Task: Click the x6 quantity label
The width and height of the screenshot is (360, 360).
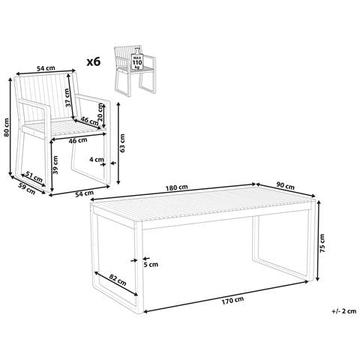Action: [x=94, y=61]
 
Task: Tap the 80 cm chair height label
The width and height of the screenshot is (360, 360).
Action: [x=7, y=127]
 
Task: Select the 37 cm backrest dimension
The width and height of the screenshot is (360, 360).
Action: [x=67, y=98]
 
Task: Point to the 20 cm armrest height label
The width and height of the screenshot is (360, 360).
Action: [x=100, y=112]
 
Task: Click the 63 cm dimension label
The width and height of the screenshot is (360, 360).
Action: [x=122, y=143]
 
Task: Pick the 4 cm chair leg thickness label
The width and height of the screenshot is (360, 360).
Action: [x=97, y=159]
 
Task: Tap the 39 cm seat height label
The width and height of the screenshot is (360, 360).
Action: [x=55, y=165]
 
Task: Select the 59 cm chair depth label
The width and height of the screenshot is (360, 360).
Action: [x=27, y=188]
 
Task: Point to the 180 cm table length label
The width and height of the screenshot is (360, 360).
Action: [x=177, y=187]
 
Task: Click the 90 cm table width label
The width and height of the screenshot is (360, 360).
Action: [x=286, y=186]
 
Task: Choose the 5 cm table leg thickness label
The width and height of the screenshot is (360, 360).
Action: [x=151, y=264]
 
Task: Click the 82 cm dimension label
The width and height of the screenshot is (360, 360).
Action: [x=118, y=280]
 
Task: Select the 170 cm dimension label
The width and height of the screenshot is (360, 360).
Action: [x=232, y=300]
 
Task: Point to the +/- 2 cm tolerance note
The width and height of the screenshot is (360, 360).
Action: [x=344, y=311]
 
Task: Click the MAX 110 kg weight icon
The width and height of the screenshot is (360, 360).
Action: [x=137, y=61]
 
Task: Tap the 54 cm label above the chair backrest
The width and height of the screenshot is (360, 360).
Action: [x=46, y=68]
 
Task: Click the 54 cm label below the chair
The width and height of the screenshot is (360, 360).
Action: [x=84, y=193]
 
